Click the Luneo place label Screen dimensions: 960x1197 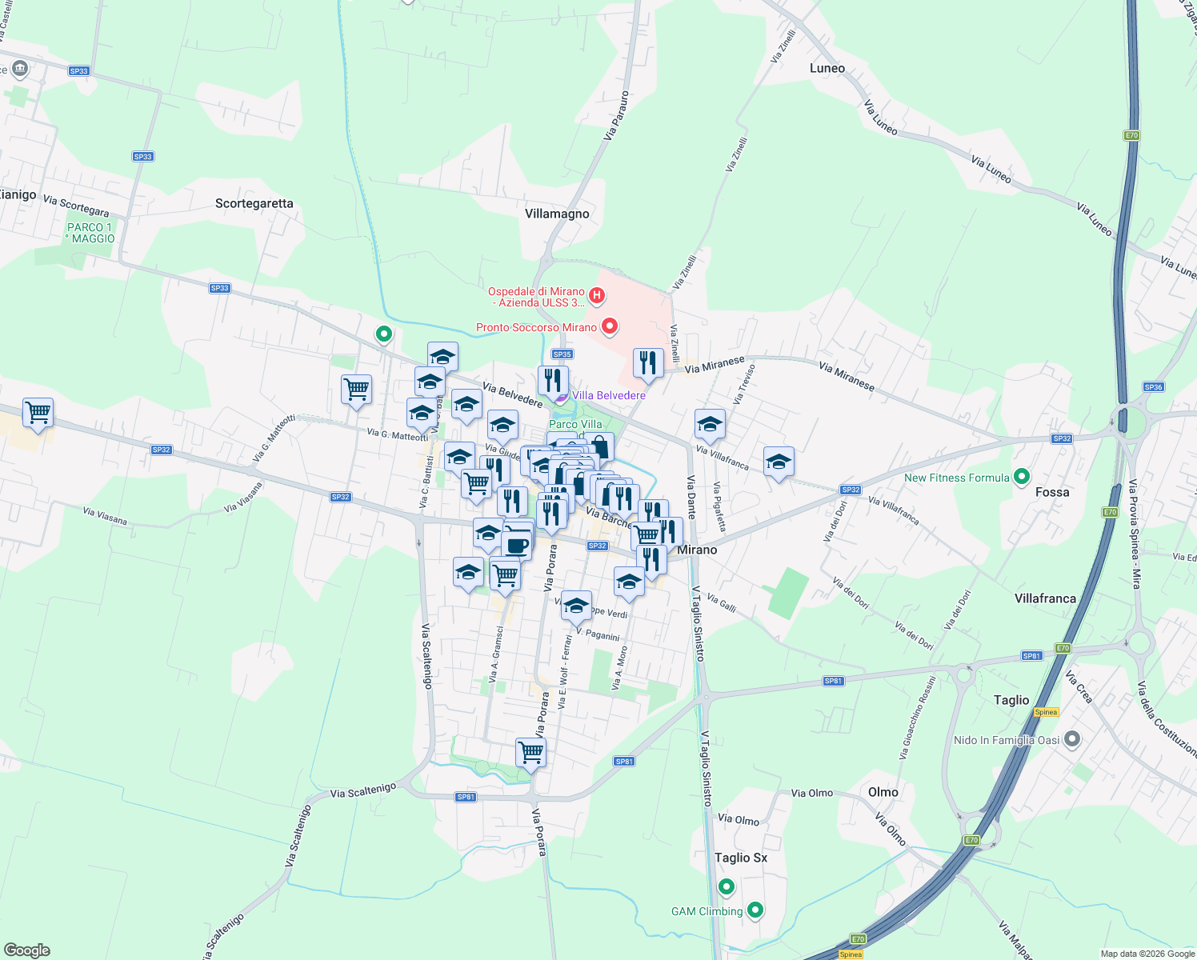click(827, 68)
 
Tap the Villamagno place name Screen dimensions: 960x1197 click(557, 214)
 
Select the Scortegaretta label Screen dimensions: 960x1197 click(254, 203)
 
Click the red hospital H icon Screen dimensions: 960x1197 click(595, 296)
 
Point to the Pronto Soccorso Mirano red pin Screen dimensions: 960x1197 click(610, 326)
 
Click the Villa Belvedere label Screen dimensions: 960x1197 click(608, 395)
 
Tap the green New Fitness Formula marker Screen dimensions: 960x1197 click(1021, 478)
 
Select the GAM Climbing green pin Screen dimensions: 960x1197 click(755, 910)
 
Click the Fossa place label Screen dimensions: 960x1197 click(1051, 492)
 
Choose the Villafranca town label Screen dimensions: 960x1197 click(1045, 598)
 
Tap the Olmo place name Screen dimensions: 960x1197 click(883, 792)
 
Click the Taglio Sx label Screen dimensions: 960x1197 click(740, 858)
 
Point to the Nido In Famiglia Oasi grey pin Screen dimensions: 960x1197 click(1072, 740)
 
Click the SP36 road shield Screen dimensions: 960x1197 click(1153, 387)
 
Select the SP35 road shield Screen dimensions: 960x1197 click(562, 354)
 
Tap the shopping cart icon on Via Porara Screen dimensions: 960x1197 click(530, 751)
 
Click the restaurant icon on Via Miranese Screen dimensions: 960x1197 click(647, 362)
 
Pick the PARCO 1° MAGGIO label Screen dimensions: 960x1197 click(90, 233)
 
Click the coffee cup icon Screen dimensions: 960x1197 click(516, 544)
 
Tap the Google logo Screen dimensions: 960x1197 click(26, 950)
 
